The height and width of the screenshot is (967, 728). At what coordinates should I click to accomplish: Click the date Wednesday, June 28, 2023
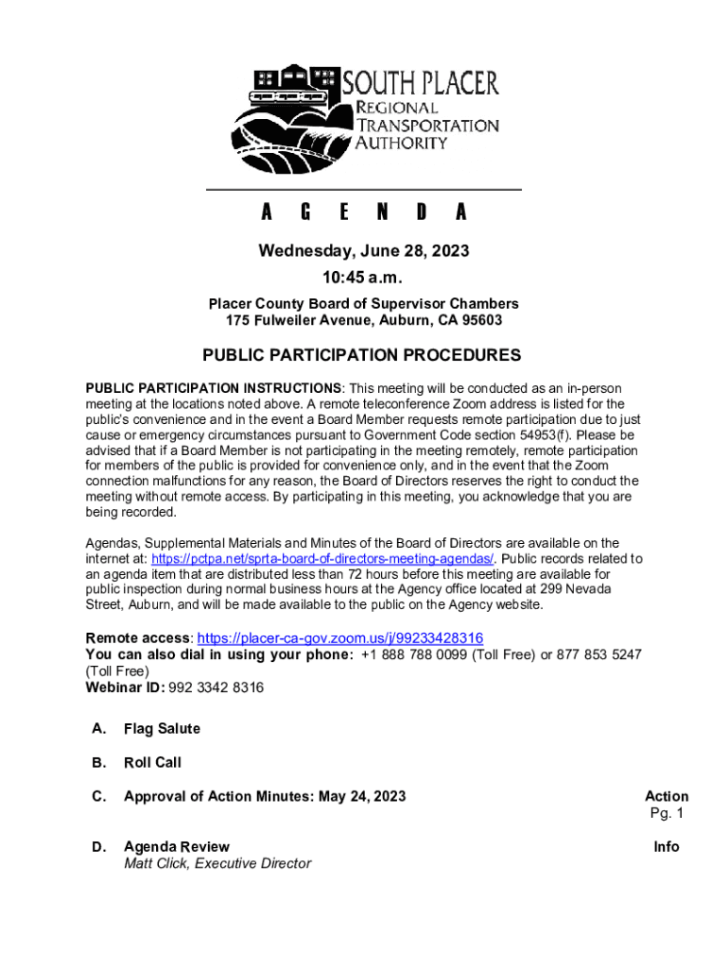tap(364, 251)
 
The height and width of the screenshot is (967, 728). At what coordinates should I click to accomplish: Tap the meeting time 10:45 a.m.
tap(364, 279)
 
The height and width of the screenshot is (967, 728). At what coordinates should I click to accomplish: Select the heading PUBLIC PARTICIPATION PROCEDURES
tap(362, 355)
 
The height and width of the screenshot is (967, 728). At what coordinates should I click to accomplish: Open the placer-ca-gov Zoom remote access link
tap(340, 637)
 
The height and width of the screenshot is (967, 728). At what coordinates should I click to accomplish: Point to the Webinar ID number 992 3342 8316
tap(216, 687)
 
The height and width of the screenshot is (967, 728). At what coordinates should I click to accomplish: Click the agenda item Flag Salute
tap(162, 729)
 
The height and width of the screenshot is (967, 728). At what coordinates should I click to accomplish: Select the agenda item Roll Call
tap(152, 762)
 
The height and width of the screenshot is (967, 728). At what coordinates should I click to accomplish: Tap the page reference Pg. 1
tap(667, 813)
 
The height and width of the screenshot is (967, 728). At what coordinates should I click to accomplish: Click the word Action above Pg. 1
tap(667, 796)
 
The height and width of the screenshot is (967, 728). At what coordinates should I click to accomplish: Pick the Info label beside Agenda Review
tap(667, 847)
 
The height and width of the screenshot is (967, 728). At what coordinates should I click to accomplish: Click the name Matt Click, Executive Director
tap(217, 863)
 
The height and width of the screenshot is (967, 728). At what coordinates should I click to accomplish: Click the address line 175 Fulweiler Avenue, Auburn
tap(364, 321)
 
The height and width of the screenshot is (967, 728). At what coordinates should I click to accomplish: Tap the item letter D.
tap(98, 847)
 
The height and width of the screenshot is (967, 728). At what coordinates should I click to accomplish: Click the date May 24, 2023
tap(362, 796)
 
